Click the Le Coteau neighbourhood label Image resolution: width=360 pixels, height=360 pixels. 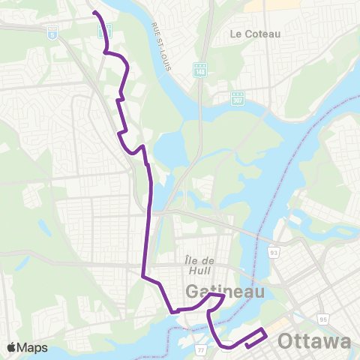255,34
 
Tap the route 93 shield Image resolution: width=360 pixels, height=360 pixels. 274,253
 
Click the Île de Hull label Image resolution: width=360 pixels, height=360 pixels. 199,260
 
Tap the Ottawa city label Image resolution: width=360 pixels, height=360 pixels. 313,341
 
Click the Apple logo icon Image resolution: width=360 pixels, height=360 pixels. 11,347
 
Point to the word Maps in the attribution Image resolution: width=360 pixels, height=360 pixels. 33,347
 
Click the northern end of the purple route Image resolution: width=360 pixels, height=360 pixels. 94,13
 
